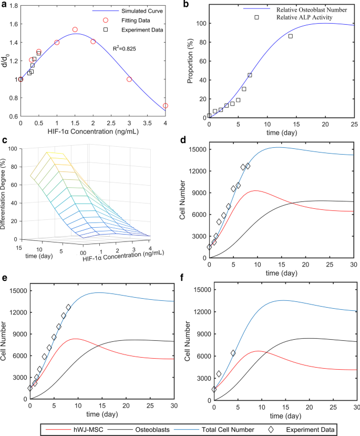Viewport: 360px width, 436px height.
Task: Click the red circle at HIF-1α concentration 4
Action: coord(166,106)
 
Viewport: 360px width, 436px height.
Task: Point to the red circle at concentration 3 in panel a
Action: coord(129,79)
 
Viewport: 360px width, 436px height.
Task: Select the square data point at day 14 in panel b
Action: coord(291,36)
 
